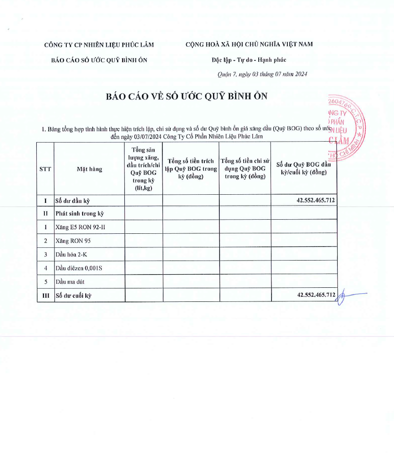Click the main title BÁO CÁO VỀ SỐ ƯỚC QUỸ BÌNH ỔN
point(187,96)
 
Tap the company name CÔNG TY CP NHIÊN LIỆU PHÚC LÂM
point(99,44)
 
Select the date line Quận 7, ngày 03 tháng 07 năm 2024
point(262,74)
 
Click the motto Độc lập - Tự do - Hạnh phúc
point(249,59)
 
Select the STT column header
point(45,169)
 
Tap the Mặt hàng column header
point(89,169)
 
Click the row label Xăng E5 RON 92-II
point(83,227)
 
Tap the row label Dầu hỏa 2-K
point(72,254)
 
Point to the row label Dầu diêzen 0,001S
point(79,268)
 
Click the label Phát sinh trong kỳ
point(79,213)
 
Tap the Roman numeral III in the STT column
point(45,295)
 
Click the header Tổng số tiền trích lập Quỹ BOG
point(191,169)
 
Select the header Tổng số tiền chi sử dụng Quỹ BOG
point(245,169)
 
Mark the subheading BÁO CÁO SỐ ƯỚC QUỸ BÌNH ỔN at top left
point(99,59)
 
